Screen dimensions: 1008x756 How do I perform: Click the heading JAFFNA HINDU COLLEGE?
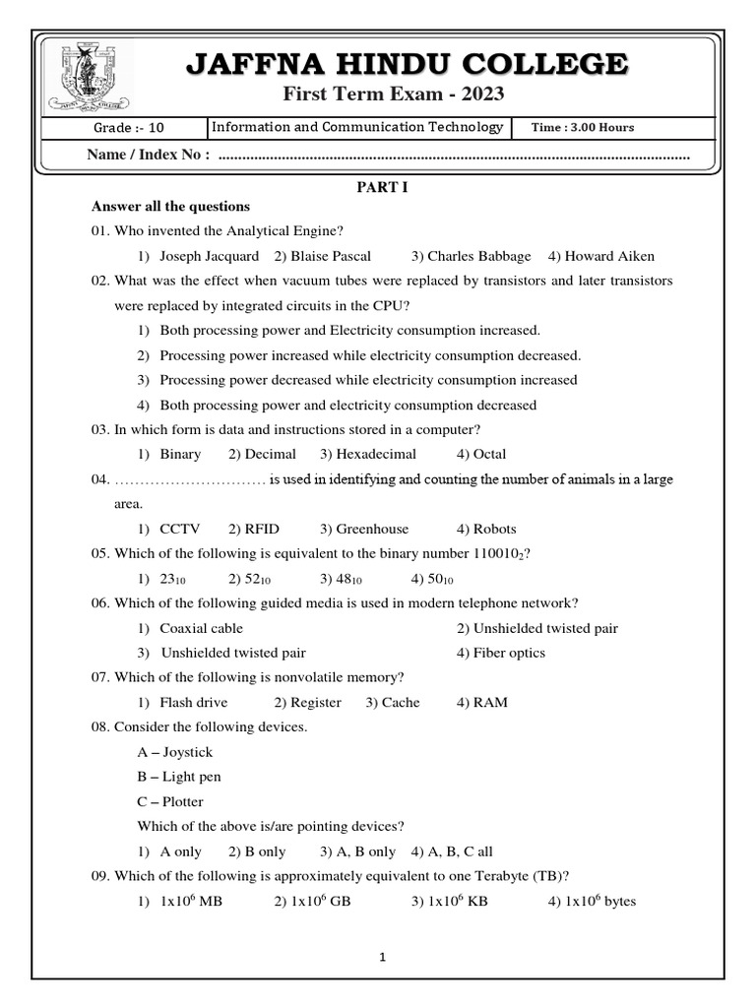[x=407, y=66]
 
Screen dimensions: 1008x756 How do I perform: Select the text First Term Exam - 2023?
[x=394, y=94]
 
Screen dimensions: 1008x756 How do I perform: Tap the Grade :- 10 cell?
[x=122, y=128]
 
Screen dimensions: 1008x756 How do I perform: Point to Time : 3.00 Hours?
[x=583, y=128]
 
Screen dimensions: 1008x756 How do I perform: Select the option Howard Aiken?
[x=609, y=256]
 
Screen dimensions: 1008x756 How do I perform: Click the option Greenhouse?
[x=371, y=529]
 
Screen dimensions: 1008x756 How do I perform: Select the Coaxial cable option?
[x=201, y=628]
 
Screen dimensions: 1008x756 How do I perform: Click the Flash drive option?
[x=193, y=702]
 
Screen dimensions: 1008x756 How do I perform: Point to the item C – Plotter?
[x=170, y=801]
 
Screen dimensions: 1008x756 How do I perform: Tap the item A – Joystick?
[x=175, y=752]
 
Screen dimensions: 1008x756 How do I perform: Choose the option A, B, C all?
[x=461, y=851]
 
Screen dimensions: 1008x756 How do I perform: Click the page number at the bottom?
[x=382, y=957]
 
